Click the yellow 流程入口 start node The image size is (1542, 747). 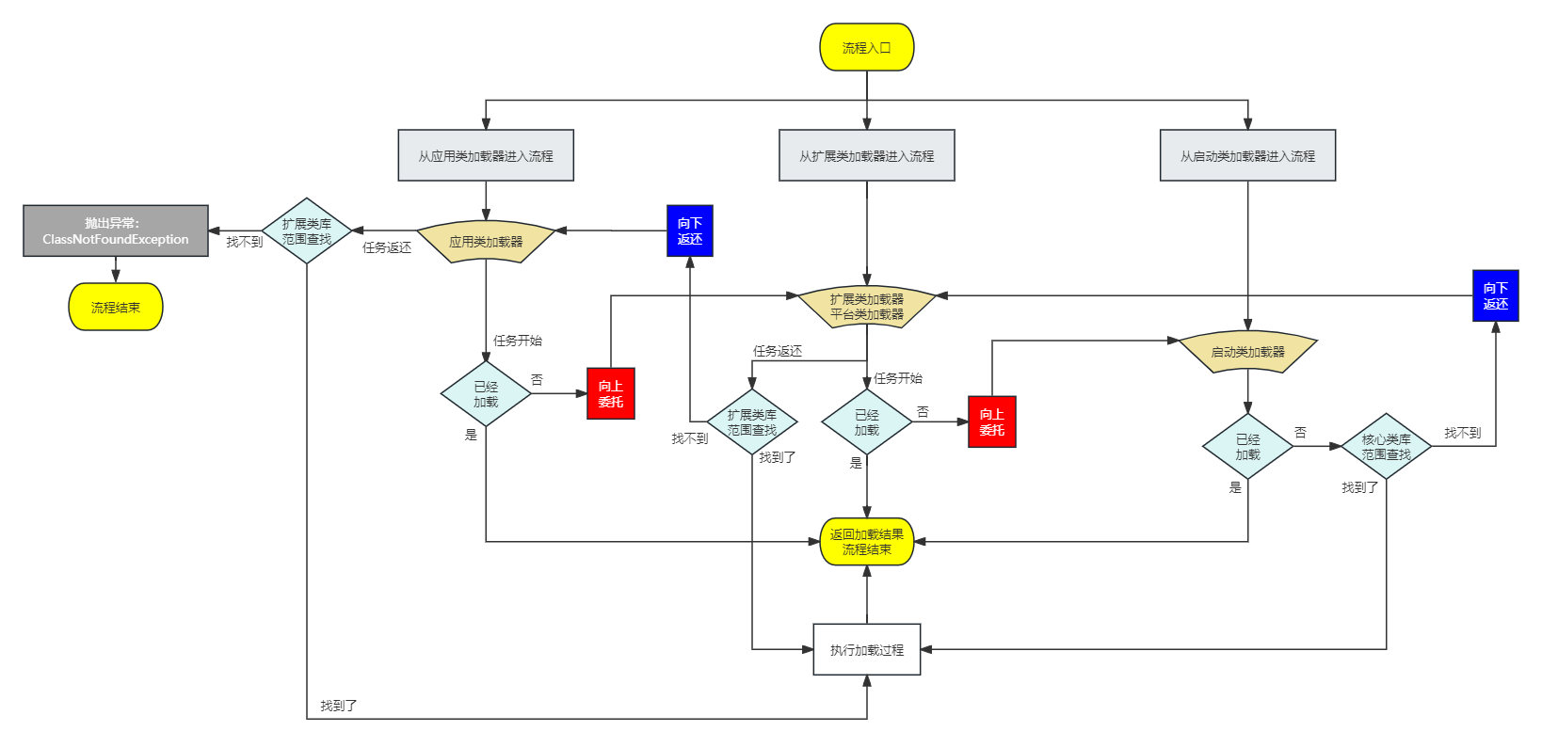(866, 47)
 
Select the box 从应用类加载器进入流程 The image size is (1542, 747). (486, 155)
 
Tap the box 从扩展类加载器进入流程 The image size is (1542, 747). (866, 155)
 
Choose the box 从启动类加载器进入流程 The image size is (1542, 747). (1247, 155)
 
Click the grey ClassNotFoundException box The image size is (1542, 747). (116, 230)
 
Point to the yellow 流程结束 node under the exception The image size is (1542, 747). (116, 307)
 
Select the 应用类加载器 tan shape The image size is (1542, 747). (486, 241)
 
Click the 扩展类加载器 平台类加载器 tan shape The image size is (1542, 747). (866, 307)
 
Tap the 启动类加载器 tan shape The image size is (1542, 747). (1247, 352)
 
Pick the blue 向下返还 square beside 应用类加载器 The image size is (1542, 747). (690, 230)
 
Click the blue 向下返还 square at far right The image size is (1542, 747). (1495, 295)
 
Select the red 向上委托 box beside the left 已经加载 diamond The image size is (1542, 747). (611, 393)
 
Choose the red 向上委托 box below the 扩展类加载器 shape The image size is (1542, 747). (991, 421)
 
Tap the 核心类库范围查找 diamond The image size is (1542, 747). (1386, 446)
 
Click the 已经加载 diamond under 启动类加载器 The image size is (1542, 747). (1247, 446)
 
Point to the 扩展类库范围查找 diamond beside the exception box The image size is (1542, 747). (307, 230)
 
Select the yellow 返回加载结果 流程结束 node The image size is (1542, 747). (866, 542)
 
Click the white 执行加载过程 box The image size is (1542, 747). (866, 649)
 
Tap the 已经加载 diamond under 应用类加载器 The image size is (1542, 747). (486, 393)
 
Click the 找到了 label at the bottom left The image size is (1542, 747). (339, 706)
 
